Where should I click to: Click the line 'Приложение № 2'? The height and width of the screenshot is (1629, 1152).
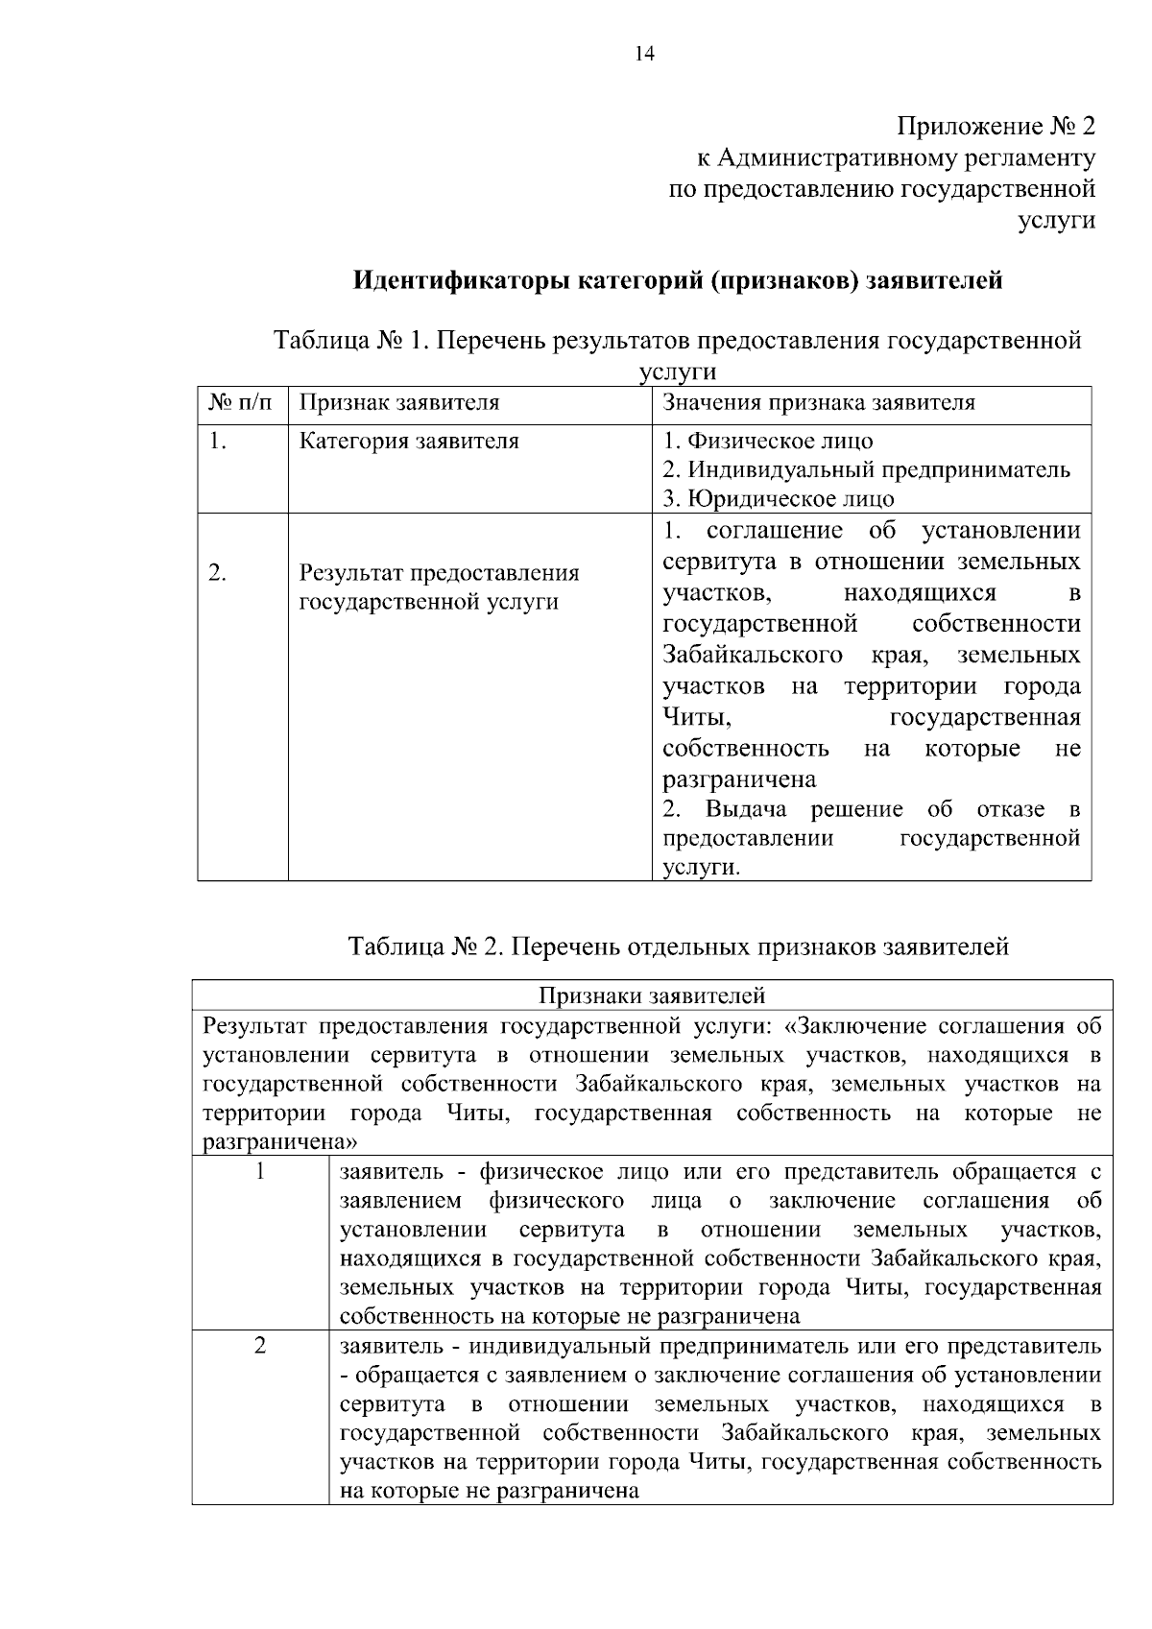[x=996, y=127]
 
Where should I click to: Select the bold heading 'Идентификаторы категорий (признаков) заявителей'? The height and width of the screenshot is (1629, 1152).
[x=679, y=281]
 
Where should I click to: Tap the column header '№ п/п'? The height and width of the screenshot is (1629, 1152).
[x=241, y=403]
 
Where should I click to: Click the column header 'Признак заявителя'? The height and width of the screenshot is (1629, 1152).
[x=399, y=403]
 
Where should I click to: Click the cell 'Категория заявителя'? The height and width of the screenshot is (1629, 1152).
[x=409, y=442]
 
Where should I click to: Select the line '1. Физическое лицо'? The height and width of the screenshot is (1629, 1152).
[x=768, y=442]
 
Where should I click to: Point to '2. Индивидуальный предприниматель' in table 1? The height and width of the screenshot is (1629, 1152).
[x=866, y=470]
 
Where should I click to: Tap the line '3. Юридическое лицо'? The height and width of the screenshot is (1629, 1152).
[x=779, y=499]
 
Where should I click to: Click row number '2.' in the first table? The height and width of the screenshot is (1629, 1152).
[x=218, y=574]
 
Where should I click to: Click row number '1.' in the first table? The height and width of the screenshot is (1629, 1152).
[x=218, y=442]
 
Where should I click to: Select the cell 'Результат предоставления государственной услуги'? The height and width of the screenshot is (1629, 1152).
[x=439, y=587]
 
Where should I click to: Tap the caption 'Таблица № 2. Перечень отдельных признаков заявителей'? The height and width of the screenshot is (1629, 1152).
[x=678, y=946]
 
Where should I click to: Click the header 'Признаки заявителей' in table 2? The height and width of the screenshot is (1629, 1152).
[x=652, y=994]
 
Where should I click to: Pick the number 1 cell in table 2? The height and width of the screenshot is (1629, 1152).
[x=259, y=1171]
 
